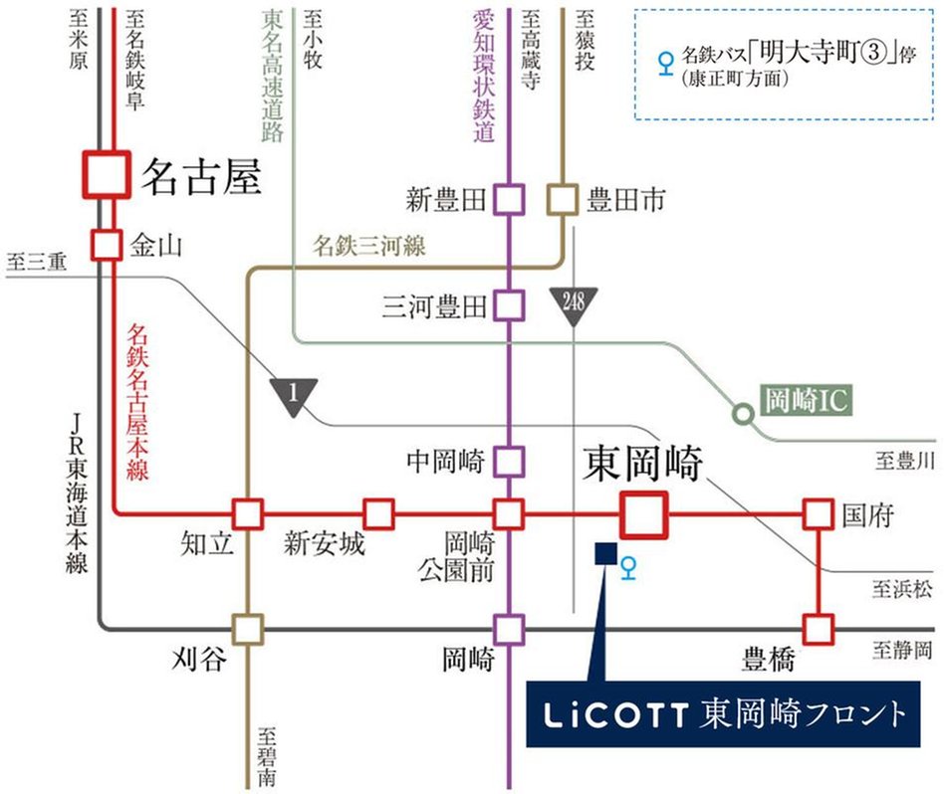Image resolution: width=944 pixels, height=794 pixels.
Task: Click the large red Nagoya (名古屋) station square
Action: coord(106,174)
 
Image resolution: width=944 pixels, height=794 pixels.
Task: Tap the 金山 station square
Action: coord(106,243)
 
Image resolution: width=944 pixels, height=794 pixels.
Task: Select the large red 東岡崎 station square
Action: coord(642,515)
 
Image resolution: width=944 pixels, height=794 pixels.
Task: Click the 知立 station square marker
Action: coord(247,514)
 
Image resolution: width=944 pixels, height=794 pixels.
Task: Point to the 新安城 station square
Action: coord(378,514)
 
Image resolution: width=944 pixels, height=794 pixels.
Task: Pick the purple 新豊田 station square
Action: coord(509,200)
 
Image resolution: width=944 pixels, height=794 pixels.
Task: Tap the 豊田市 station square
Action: coord(563,200)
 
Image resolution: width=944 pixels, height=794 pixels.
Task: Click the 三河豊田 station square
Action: coord(509,304)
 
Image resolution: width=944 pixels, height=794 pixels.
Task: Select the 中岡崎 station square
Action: coord(509,461)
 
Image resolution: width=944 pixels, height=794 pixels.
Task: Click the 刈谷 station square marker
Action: coord(247,629)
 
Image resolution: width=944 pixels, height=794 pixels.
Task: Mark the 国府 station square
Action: coord(818,514)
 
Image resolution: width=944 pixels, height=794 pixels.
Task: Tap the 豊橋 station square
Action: coord(818,629)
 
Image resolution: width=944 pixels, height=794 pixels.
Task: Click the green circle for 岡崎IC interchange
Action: coord(741,412)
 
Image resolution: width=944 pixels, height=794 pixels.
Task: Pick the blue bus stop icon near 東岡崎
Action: coord(627,567)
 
